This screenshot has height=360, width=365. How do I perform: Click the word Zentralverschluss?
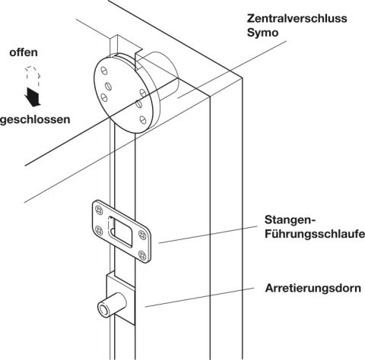point(297,18)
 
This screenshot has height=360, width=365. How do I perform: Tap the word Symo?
point(262,33)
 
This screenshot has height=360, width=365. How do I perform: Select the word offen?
point(24,52)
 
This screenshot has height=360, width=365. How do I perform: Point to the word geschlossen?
point(35,119)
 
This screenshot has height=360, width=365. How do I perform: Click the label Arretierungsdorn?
point(313,288)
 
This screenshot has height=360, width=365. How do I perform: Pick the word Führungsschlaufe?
point(315,234)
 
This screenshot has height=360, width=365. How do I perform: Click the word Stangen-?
point(290,219)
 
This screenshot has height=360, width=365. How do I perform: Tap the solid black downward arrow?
point(33,97)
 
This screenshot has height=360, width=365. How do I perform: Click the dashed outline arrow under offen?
point(33,76)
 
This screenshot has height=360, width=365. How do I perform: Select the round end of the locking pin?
point(103,310)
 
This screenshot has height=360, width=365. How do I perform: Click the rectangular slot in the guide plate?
point(120,232)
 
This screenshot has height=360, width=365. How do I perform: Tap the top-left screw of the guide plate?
point(99,210)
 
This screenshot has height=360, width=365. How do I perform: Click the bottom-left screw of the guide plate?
point(99,230)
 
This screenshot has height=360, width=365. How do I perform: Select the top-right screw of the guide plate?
point(142,235)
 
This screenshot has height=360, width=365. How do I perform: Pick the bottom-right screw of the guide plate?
point(142,255)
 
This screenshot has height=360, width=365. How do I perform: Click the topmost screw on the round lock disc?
point(104,71)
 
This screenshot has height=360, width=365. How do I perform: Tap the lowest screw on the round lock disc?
point(143,119)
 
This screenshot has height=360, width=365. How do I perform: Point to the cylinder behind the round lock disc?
point(162,76)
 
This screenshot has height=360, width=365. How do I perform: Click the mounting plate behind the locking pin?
point(120,298)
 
